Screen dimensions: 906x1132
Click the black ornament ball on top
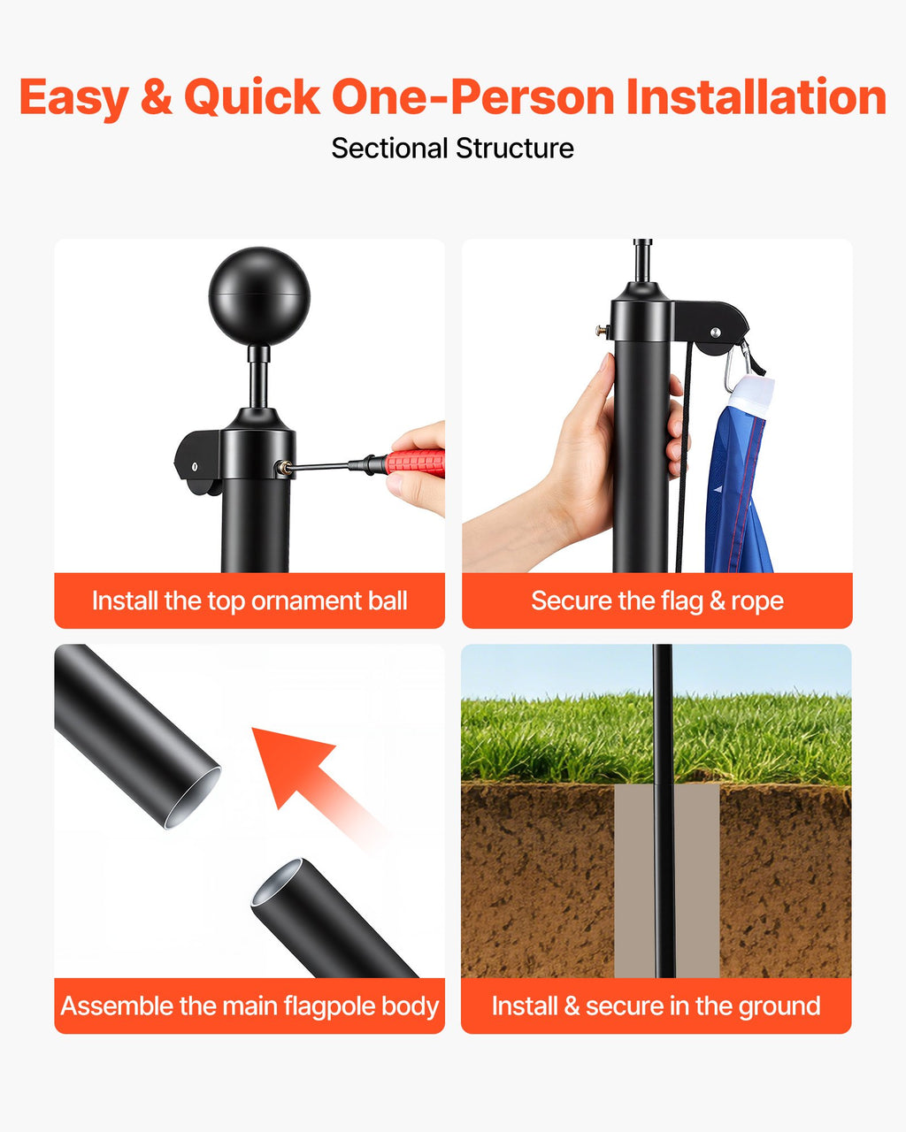point(259,295)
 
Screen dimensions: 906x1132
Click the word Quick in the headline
point(251,98)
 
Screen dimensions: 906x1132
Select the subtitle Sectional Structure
point(452,149)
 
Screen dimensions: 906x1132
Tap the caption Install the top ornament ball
point(250,600)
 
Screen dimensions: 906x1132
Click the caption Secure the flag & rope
point(657,600)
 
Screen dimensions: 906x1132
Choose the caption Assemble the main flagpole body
point(250,1006)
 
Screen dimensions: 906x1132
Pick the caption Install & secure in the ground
point(656,1006)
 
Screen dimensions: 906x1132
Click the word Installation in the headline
point(756,96)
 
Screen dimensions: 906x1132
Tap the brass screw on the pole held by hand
point(603,332)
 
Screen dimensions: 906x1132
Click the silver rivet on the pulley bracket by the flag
point(715,332)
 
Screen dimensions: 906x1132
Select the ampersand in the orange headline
point(157,97)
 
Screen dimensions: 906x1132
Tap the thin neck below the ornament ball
point(258,376)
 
